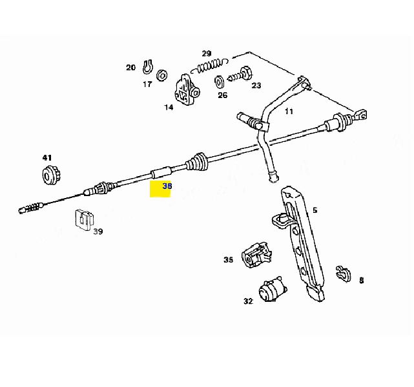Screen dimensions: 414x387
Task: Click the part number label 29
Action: (207, 54)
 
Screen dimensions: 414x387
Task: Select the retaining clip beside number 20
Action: (148, 67)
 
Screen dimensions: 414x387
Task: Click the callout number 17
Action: (147, 84)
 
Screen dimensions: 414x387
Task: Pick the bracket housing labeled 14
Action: (187, 90)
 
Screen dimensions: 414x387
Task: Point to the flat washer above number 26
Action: (219, 82)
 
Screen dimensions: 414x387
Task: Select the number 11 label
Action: (289, 111)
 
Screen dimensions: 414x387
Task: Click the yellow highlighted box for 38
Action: (160, 189)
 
